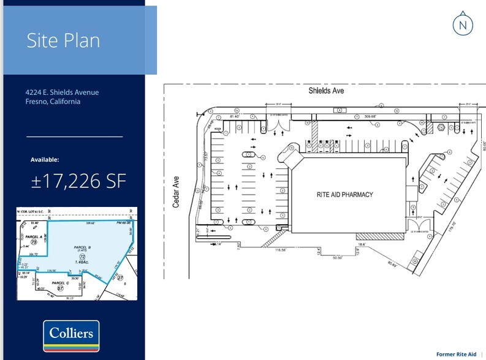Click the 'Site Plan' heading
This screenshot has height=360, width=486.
pos(63,40)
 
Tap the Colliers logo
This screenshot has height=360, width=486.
pos(71,335)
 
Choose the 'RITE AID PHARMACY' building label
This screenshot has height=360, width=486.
pos(344,195)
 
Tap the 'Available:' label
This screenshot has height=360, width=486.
pos(45,160)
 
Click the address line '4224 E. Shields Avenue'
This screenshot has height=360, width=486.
pos(62,92)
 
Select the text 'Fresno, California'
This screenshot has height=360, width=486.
pos(53,102)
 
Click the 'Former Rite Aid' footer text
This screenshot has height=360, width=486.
pos(456,354)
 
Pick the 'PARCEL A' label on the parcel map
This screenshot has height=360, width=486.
pos(32,236)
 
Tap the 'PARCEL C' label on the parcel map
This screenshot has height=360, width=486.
pos(60,283)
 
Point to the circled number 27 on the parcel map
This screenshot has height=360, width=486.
pos(120,277)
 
